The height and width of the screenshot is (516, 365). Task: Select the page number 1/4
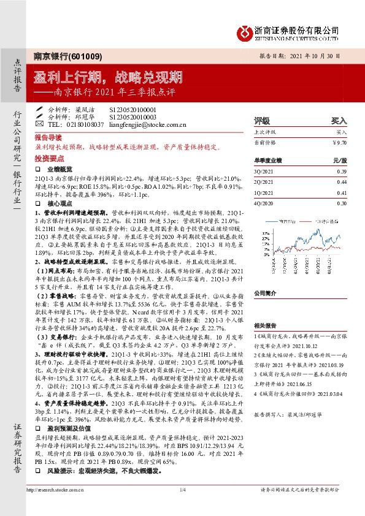coord(182,507)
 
